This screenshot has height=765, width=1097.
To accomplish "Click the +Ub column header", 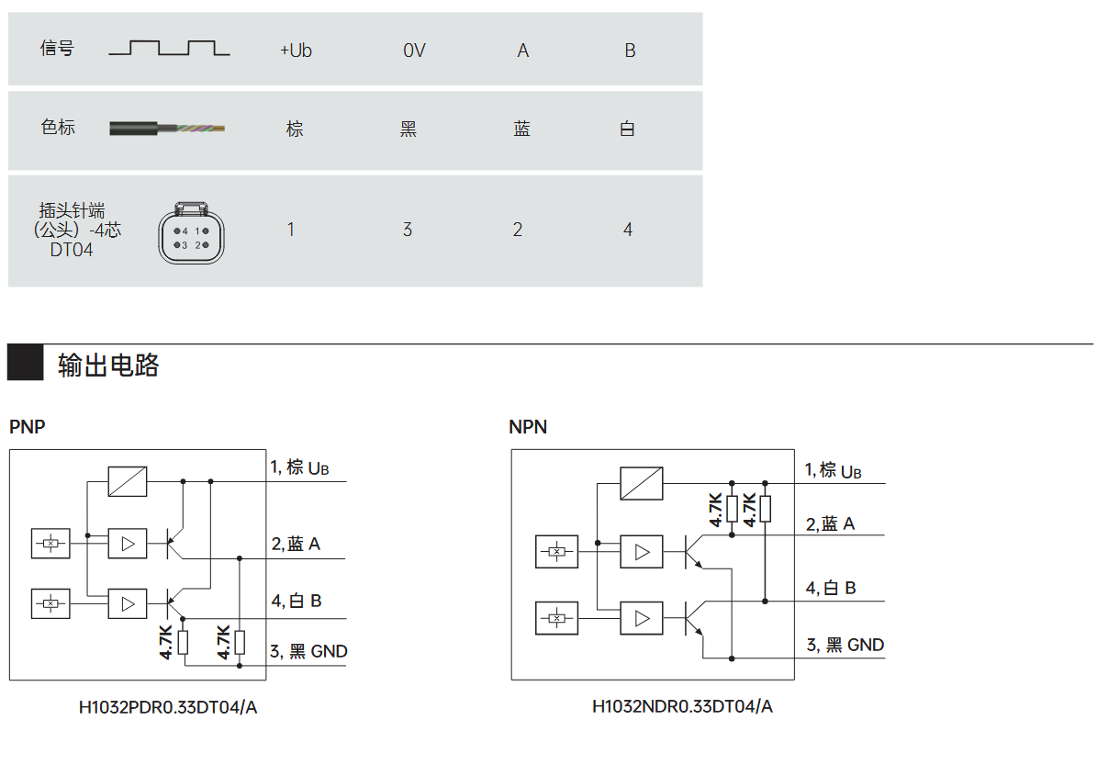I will [x=296, y=51].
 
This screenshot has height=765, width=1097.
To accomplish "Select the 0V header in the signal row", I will [x=414, y=51].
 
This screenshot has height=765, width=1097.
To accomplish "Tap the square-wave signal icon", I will [x=170, y=48].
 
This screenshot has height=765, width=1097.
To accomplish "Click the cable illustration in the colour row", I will [x=167, y=129].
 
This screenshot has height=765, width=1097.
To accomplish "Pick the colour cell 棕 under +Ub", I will [x=295, y=129].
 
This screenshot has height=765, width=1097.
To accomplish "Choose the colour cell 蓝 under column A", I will [x=522, y=129].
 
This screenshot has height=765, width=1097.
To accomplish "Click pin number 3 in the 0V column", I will [x=408, y=230].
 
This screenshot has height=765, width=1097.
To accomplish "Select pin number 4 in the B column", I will [x=628, y=230].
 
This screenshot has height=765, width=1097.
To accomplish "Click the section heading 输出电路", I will [x=108, y=366].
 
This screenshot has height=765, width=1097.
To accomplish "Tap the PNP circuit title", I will [x=27, y=427].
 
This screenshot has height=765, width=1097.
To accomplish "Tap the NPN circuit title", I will [x=528, y=427].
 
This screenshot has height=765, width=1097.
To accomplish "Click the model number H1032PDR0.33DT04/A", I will [x=168, y=707].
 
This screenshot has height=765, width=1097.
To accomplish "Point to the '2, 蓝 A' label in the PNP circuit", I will [x=296, y=544].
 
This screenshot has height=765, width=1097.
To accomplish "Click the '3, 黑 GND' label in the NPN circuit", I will [x=845, y=645].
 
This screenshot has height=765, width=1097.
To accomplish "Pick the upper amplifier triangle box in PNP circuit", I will [x=128, y=544].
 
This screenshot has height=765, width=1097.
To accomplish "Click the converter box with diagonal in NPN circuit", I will [x=641, y=483].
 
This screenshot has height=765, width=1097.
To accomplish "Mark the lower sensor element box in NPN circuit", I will [x=556, y=618].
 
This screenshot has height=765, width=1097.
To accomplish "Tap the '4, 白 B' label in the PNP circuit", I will [x=296, y=602].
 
